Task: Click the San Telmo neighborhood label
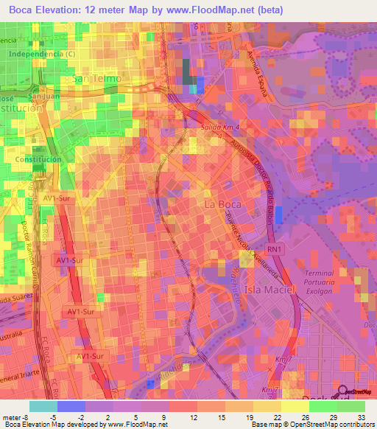coord(94,78)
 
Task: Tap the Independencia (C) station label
coord(41,54)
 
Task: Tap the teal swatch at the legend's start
coord(43,405)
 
